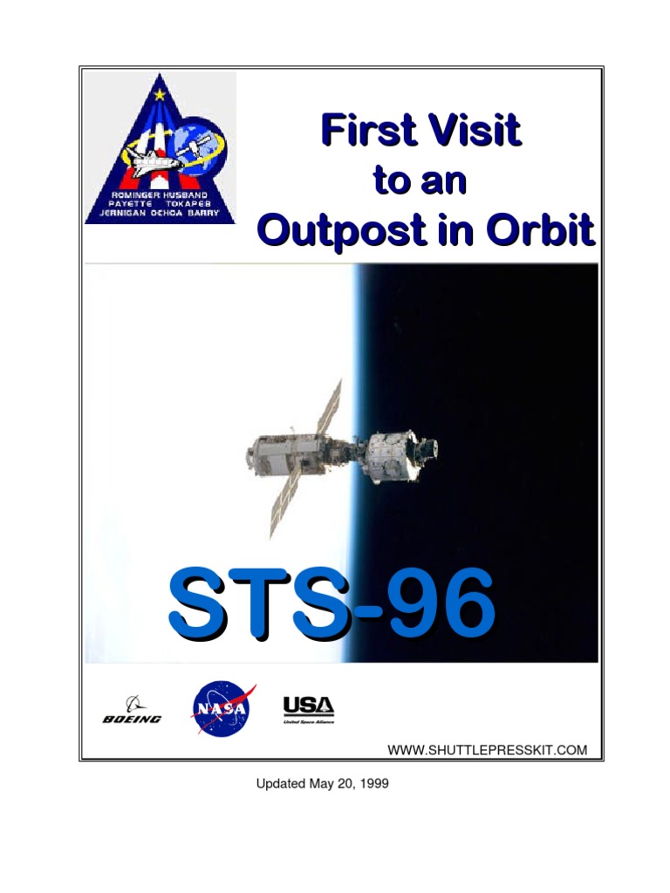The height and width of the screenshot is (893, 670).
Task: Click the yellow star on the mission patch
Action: pos(160,93)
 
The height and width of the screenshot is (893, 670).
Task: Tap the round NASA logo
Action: pos(222,707)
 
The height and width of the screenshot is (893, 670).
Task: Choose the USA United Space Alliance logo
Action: pos(308,709)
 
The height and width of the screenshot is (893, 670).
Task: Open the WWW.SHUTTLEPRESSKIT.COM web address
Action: pos(487,749)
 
